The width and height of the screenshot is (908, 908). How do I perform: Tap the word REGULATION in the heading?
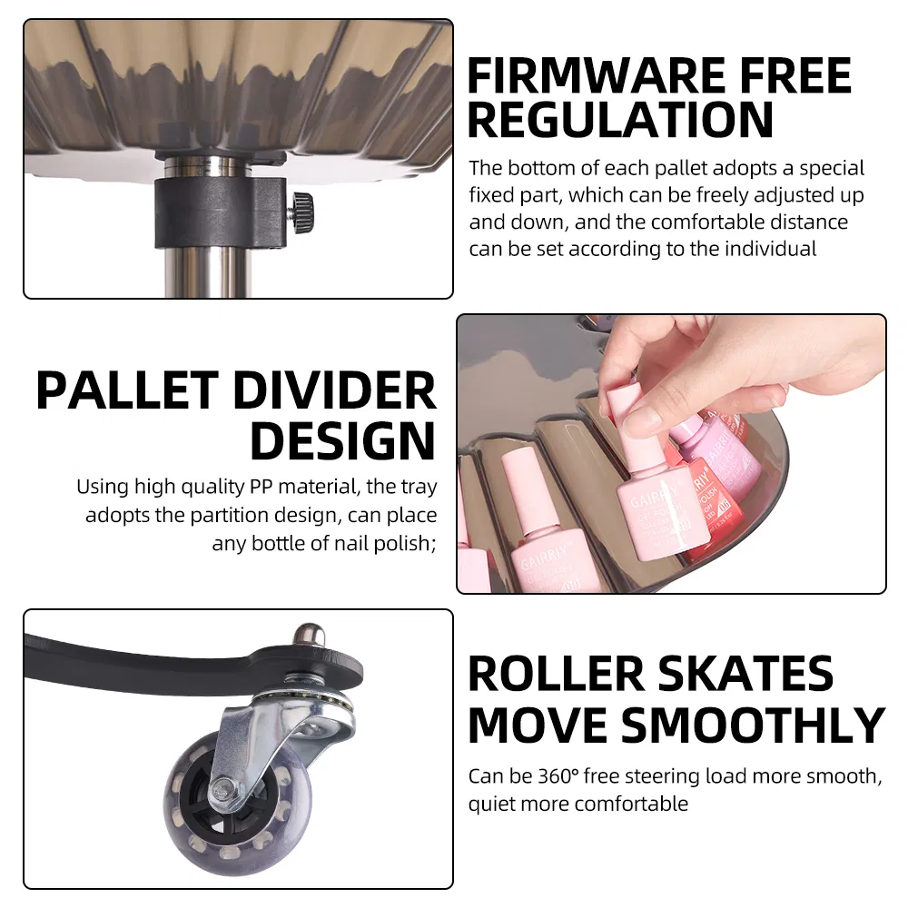(x=620, y=120)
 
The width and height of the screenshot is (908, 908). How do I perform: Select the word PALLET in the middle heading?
(x=127, y=390)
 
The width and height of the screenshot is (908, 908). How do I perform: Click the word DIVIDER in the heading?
(x=334, y=390)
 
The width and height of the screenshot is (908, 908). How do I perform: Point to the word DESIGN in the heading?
(x=343, y=441)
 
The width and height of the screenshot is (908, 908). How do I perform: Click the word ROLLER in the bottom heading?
(x=556, y=674)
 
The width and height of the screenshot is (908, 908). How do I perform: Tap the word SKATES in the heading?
(x=745, y=674)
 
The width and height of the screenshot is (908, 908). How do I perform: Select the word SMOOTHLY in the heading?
(x=753, y=725)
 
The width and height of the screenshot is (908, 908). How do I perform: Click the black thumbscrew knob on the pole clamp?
(x=301, y=212)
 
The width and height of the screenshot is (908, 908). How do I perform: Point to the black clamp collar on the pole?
(x=220, y=212)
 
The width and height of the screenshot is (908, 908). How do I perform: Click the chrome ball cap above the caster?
(x=308, y=635)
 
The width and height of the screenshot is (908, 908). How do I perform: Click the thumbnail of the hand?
(x=644, y=419)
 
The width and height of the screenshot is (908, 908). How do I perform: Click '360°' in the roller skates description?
(x=558, y=776)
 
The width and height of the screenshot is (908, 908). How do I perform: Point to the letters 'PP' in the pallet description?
(x=261, y=487)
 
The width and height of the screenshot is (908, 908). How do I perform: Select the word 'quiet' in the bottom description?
(x=490, y=804)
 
